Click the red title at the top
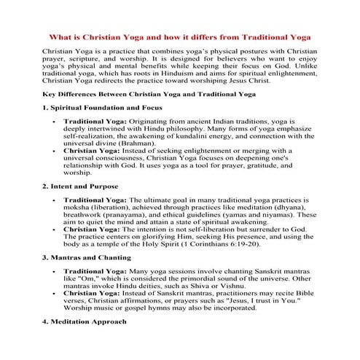pos(179,36)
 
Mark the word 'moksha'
pos(78,206)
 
